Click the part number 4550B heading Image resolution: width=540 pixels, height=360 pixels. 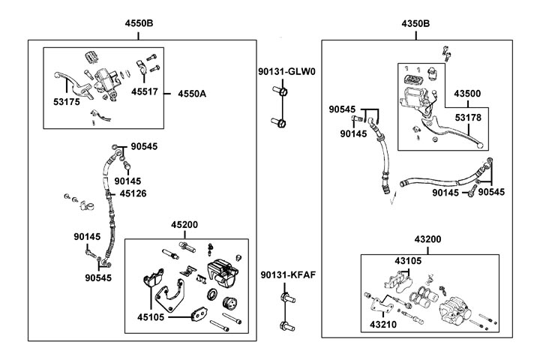[x=139, y=23]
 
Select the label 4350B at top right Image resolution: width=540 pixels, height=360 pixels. [x=415, y=24]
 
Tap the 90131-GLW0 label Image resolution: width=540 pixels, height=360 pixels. [x=286, y=72]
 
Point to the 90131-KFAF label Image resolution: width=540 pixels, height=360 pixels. [x=288, y=275]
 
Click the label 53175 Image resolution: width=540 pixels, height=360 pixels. [x=67, y=102]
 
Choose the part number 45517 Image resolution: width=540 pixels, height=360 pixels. [x=145, y=91]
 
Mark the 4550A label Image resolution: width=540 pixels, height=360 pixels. [x=192, y=94]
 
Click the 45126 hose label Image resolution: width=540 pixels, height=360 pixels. [x=133, y=193]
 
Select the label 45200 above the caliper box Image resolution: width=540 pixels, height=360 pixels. [x=184, y=225]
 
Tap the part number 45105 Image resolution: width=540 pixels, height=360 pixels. [x=151, y=317]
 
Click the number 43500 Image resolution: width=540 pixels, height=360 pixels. [x=467, y=94]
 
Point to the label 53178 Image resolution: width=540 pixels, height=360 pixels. [x=468, y=118]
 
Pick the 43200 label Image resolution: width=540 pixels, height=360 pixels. [x=427, y=239]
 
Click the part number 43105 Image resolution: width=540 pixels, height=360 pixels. [x=408, y=261]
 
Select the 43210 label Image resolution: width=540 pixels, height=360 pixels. [x=383, y=325]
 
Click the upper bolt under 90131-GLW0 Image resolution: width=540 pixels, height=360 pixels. [x=280, y=91]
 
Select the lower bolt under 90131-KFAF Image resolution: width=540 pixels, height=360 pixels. [x=287, y=325]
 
